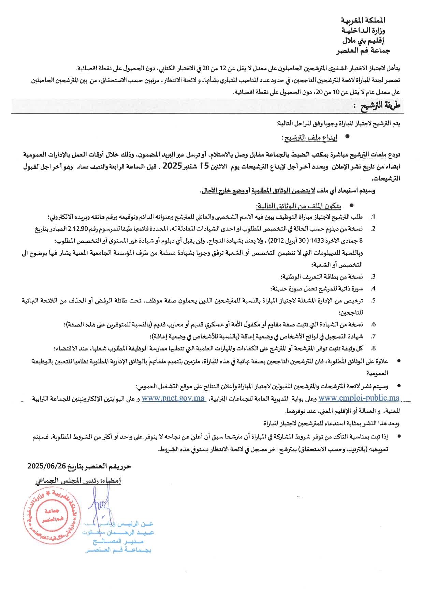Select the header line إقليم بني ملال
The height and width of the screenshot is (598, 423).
[x=364, y=41]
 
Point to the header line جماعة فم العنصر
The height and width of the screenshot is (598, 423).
[x=363, y=51]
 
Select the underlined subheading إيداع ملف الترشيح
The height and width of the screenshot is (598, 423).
[x=310, y=137]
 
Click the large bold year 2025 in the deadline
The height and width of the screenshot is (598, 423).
[x=172, y=166]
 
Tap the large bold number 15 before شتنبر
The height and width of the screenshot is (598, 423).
[x=204, y=166]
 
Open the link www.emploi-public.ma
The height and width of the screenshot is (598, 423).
[x=359, y=398]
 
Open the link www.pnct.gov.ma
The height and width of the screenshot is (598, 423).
[x=173, y=398]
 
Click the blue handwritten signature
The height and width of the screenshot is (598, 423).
[x=99, y=505]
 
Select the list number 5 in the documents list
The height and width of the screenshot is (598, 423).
[x=374, y=300]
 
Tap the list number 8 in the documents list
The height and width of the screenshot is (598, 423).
[x=374, y=348]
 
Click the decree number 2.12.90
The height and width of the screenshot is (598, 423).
[x=78, y=229]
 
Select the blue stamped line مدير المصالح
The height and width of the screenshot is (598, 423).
[x=118, y=541]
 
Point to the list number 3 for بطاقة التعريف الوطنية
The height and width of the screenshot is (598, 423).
[x=374, y=276]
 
